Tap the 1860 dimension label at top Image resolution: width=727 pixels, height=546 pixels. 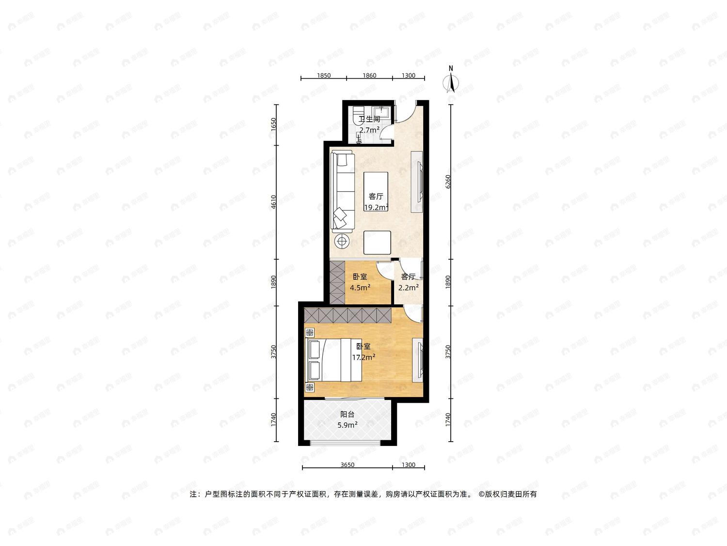pyautogui.click(x=369, y=76)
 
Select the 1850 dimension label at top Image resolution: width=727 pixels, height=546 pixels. pyautogui.click(x=324, y=76)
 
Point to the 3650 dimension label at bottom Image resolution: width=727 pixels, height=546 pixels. pyautogui.click(x=347, y=465)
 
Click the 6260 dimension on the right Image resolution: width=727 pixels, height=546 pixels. pyautogui.click(x=448, y=182)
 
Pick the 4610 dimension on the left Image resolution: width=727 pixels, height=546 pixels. pyautogui.click(x=273, y=202)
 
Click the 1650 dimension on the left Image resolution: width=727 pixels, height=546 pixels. pyautogui.click(x=273, y=125)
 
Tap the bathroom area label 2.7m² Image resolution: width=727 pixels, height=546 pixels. pyautogui.click(x=369, y=130)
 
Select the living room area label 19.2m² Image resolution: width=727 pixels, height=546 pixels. pyautogui.click(x=376, y=208)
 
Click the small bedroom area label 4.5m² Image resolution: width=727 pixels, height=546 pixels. pyautogui.click(x=360, y=287)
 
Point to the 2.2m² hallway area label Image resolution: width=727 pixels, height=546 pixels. pyautogui.click(x=408, y=287)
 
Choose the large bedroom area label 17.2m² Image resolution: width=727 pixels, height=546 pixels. pyautogui.click(x=363, y=357)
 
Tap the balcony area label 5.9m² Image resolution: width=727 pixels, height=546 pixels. pyautogui.click(x=347, y=425)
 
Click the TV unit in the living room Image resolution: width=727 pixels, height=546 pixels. pyautogui.click(x=417, y=182)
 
